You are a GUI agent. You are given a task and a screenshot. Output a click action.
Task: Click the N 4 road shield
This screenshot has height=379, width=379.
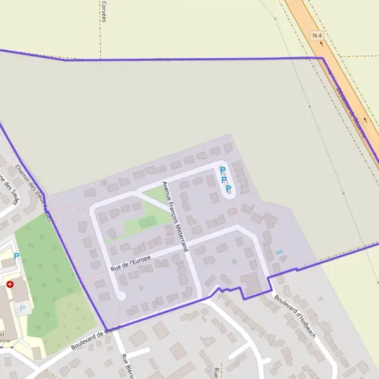(318, 36)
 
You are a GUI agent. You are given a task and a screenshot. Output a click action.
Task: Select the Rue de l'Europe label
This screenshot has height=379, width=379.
(130, 262)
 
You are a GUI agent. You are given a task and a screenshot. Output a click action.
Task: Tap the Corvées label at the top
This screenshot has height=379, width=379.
(103, 10)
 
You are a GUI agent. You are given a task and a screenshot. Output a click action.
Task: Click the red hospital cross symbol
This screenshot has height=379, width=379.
(10, 285)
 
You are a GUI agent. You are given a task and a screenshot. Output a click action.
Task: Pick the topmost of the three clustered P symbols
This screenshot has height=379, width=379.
(222, 170)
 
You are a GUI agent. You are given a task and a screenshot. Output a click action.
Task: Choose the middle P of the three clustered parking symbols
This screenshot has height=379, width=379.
(224, 179)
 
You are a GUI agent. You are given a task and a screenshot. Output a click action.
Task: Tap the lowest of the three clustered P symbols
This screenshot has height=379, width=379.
(229, 189)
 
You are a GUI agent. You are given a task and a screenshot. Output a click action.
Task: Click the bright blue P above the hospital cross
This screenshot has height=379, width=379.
(17, 256)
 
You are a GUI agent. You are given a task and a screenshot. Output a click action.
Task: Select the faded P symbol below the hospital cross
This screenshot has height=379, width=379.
(23, 308)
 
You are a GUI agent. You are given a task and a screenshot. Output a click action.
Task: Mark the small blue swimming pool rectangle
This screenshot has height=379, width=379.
(279, 253)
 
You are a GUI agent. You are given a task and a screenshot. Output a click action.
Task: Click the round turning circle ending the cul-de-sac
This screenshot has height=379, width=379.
(121, 295)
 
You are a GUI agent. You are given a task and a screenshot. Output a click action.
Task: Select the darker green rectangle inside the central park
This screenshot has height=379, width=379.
(147, 222)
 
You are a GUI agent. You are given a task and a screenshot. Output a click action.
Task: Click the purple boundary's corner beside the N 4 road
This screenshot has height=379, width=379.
(323, 59)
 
